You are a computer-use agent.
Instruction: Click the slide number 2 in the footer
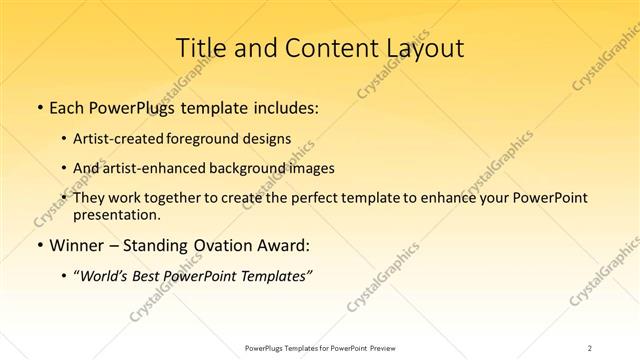pyautogui.click(x=590, y=347)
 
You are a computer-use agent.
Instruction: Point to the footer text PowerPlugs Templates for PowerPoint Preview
pyautogui.click(x=319, y=347)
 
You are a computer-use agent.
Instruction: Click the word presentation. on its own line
pyautogui.click(x=116, y=214)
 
